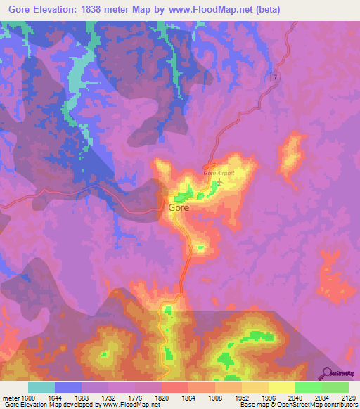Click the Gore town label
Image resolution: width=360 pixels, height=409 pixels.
[179, 208]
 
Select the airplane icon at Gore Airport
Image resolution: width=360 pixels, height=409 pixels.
[219, 183]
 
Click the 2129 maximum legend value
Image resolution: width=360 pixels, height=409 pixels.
[349, 397]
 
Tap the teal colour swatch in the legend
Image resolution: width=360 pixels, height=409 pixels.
[41, 387]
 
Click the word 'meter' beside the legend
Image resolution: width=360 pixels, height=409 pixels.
[10, 397]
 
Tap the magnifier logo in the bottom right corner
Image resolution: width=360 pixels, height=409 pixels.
[326, 372]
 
